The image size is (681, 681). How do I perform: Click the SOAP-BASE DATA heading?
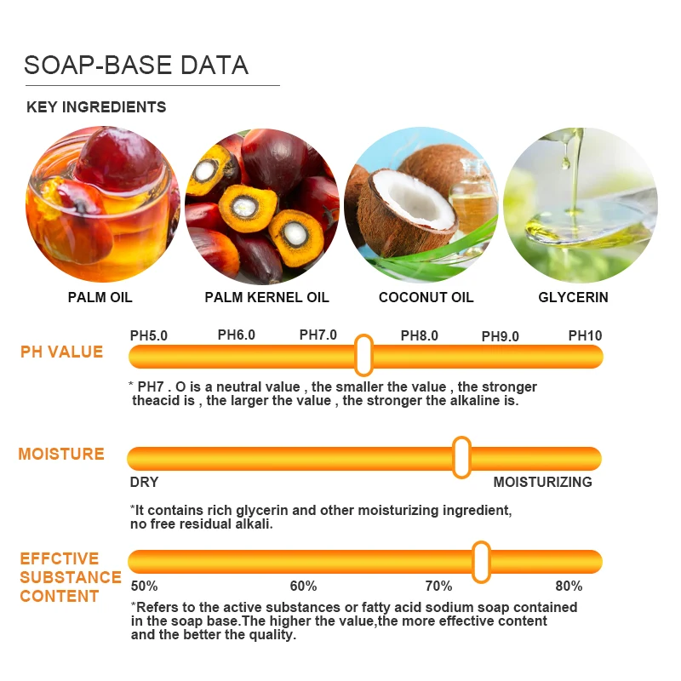coord(136,65)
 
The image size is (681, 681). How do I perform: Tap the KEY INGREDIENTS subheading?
coord(96,107)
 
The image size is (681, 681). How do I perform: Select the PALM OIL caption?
coord(100,297)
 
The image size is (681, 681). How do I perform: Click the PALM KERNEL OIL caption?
coord(266,297)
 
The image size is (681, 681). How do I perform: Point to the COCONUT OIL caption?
coord(426,297)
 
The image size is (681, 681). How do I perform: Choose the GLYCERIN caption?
coord(573,297)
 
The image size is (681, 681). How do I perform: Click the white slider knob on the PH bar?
coord(363,355)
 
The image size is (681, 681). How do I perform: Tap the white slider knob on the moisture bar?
coord(461,457)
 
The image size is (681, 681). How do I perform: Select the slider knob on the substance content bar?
coord(481,561)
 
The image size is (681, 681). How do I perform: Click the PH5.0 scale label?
coord(149,335)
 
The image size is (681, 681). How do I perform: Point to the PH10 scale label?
coord(585,335)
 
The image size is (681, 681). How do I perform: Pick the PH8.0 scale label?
coord(419,335)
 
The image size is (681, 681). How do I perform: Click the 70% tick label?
coord(438,586)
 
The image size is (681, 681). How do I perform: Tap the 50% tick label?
coord(144,586)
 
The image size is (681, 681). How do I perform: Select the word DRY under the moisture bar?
coord(145,482)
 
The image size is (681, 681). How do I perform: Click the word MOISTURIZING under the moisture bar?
coord(542,482)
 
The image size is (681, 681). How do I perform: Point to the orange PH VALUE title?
coord(61,352)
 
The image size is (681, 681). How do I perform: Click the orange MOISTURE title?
coord(61,454)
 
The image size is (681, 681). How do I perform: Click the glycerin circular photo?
coord(580,205)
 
